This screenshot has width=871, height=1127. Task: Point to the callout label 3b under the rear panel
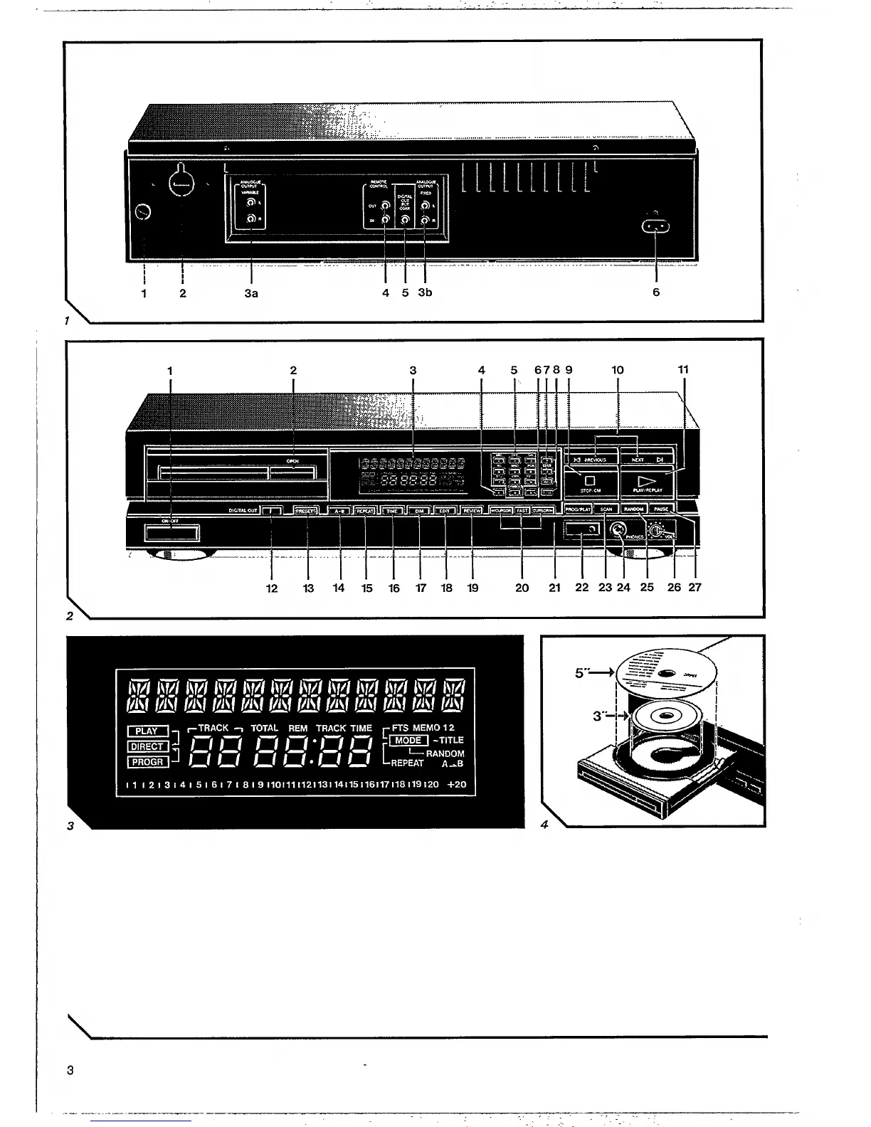coord(425,293)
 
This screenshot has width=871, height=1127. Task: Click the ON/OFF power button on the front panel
coord(172,532)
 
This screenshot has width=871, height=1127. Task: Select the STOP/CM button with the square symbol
coord(589,482)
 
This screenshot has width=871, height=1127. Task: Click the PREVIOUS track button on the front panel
coord(590,460)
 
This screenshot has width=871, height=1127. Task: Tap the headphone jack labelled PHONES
coord(618,529)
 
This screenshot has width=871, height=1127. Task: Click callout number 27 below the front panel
coord(695,588)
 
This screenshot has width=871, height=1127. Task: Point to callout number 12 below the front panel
coord(272,588)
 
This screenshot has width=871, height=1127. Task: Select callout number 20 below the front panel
coord(522,588)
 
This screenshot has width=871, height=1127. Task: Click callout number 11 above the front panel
coord(683,370)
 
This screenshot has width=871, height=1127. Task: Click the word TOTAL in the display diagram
coord(264,728)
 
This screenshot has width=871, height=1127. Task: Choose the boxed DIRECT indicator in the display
coord(148,746)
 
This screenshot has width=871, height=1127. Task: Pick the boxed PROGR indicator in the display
coord(148,762)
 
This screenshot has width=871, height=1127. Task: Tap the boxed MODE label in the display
coord(408,740)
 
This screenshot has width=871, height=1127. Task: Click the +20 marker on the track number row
coord(457,784)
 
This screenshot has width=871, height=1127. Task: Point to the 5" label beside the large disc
coord(580,670)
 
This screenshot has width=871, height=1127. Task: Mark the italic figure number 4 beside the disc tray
coord(544,825)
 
